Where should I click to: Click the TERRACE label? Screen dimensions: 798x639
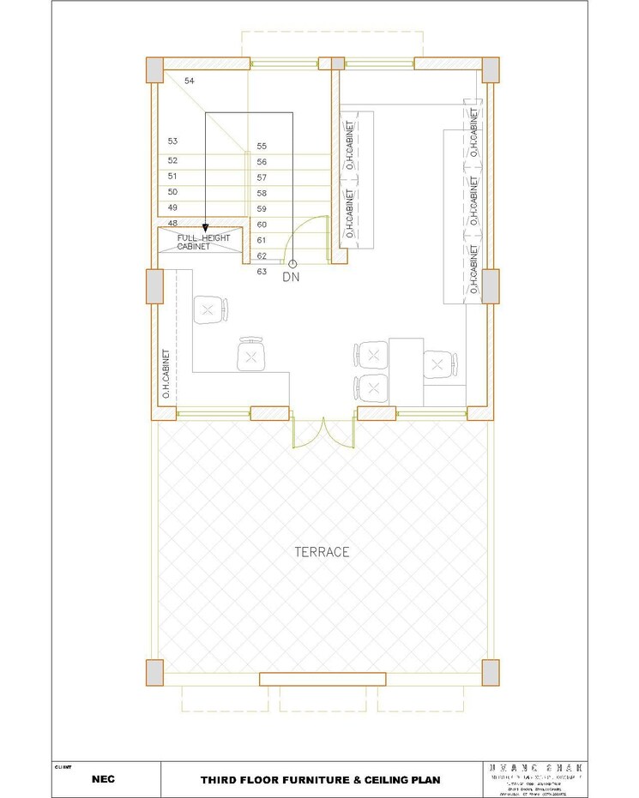pos(322,552)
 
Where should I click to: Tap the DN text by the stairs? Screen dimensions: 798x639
pos(292,278)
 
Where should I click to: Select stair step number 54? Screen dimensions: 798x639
pos(190,81)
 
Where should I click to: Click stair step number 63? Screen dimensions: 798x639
pos(262,272)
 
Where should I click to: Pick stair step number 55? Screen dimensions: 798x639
pos(262,147)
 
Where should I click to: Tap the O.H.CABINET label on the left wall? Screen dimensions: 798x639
pos(166,374)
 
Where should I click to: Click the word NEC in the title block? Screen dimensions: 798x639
pos(104,780)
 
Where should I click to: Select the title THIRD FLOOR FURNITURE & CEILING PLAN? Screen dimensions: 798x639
pos(320,780)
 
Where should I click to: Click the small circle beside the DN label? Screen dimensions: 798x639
pos(292,264)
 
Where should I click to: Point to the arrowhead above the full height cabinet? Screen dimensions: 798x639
pos(206,226)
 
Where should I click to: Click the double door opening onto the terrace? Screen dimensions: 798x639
pos(323,434)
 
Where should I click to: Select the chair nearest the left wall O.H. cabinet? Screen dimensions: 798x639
pos(210,309)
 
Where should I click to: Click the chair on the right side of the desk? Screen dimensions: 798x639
pos(439,364)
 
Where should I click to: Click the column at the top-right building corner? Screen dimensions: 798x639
pos(491,69)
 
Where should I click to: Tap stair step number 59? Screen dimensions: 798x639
pos(262,209)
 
